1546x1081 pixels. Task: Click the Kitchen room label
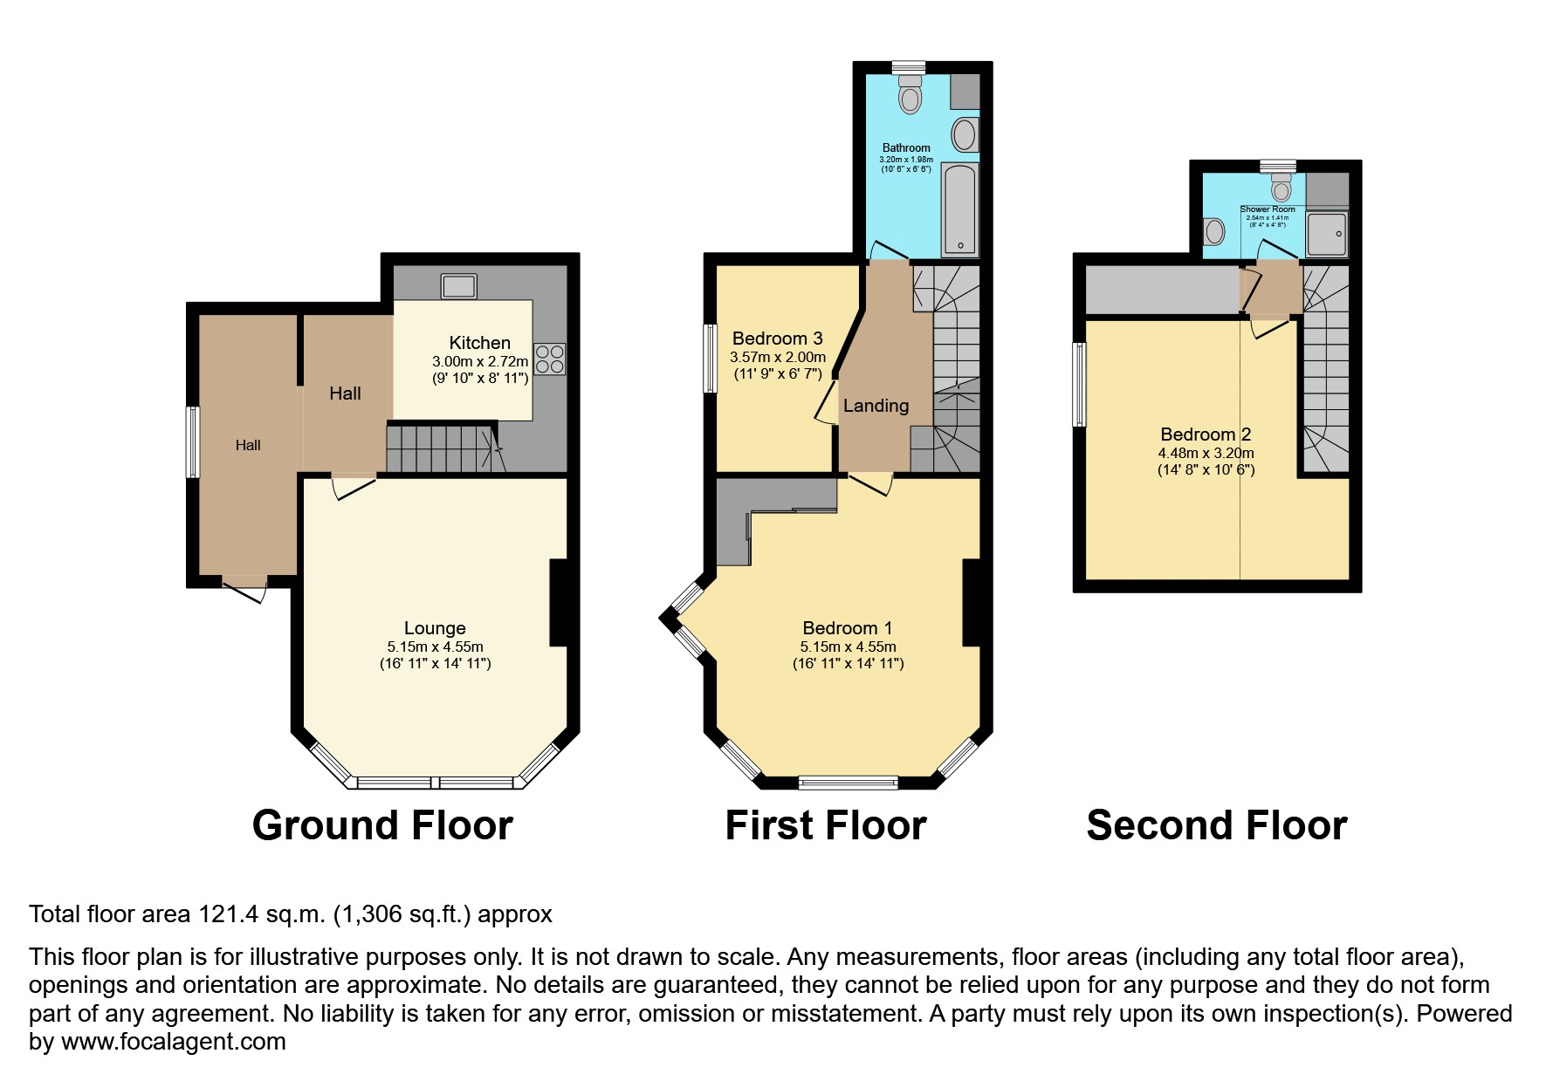click(479, 343)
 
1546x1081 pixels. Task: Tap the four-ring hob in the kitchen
click(549, 359)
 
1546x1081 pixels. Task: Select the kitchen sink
click(459, 285)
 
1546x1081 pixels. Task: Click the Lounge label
click(435, 628)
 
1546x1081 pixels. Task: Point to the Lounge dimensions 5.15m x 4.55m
click(436, 647)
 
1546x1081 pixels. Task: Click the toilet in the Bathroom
click(910, 94)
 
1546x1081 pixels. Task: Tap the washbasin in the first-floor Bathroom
click(965, 135)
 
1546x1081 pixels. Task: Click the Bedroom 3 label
click(778, 339)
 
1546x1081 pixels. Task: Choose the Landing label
click(876, 406)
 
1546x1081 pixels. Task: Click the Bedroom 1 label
click(848, 628)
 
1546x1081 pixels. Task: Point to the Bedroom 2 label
click(1206, 434)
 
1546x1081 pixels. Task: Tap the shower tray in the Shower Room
click(1327, 234)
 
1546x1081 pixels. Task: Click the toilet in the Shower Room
click(1281, 187)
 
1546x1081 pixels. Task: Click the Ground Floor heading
click(382, 825)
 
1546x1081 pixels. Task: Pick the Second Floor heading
click(1217, 825)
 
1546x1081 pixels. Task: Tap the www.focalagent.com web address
click(173, 1042)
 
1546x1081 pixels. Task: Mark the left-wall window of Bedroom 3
click(710, 359)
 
